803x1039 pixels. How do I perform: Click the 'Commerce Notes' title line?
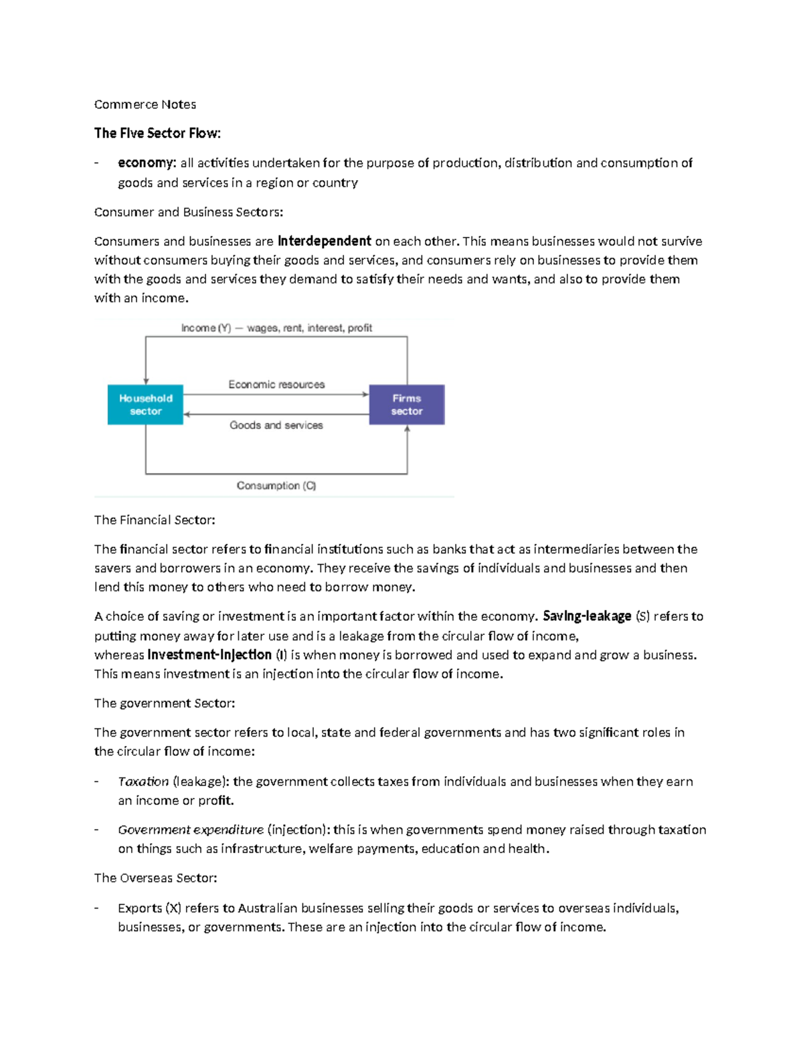(x=145, y=104)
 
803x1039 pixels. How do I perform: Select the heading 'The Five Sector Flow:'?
(x=157, y=133)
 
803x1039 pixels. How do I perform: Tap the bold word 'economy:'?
(x=147, y=163)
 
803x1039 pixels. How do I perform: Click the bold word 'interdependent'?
(x=324, y=241)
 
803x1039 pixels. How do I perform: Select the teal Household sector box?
(x=145, y=405)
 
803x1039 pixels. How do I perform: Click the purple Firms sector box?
(x=407, y=405)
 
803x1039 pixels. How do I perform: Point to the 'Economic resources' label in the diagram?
(x=276, y=385)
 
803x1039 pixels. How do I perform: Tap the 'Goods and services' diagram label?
(x=276, y=426)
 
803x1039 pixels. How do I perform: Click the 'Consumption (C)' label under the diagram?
(x=276, y=486)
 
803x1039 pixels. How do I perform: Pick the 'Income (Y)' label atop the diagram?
(x=206, y=328)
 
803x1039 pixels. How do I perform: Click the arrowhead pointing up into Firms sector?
(x=407, y=430)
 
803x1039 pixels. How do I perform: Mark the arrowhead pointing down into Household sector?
(x=146, y=381)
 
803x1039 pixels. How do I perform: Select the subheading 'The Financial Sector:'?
(x=155, y=520)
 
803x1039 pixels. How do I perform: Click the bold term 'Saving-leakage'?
(x=587, y=616)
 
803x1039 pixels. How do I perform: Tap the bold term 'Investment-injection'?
(x=209, y=655)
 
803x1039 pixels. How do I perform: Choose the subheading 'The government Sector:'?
(x=165, y=703)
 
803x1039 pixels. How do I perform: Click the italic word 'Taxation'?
(x=143, y=781)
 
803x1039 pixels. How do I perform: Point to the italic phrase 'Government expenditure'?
(x=191, y=830)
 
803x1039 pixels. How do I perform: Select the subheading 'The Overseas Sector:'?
(x=156, y=878)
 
